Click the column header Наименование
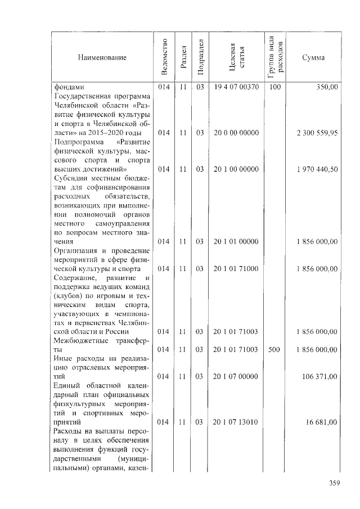coord(102,57)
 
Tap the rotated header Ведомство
coord(164,57)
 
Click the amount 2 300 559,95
coord(317,133)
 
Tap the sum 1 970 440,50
coord(317,169)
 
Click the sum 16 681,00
coord(322,422)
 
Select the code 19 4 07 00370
coord(236,87)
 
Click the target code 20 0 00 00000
coord(236,133)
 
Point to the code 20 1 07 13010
coord(236,422)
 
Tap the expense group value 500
coord(274,349)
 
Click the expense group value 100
coord(274,87)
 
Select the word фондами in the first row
coord(69,87)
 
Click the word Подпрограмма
coord(77,142)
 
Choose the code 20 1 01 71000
coord(236,269)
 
